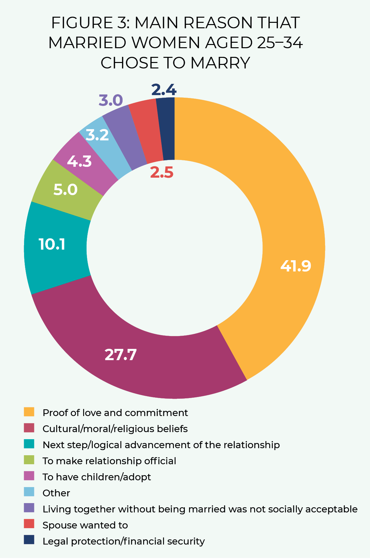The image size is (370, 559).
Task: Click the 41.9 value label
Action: coord(296,266)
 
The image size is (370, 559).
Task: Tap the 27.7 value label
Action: coord(121,355)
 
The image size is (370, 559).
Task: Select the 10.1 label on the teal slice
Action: coord(52,244)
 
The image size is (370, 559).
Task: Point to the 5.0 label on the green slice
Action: coord(65,190)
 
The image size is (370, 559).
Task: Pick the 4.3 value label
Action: coord(79,161)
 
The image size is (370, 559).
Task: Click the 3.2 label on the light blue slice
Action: coord(97,135)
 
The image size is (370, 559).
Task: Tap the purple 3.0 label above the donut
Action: coord(111,100)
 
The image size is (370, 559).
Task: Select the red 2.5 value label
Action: coord(162,173)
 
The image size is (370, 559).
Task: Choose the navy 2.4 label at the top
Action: coord(164,90)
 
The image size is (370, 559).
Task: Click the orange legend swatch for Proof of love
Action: coord(29,412)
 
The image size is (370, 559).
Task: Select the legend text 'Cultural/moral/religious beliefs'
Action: coord(115,429)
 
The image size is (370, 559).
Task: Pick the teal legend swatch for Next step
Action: coord(29,444)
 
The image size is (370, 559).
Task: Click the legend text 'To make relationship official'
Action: coord(109,461)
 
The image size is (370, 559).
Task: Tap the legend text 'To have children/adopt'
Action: coord(97,477)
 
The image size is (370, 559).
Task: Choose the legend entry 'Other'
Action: coord(56,493)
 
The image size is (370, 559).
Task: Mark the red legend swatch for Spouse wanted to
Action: coord(29,525)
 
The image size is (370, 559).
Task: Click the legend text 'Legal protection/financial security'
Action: coord(124,541)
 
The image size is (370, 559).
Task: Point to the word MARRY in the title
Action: coord(220,63)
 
